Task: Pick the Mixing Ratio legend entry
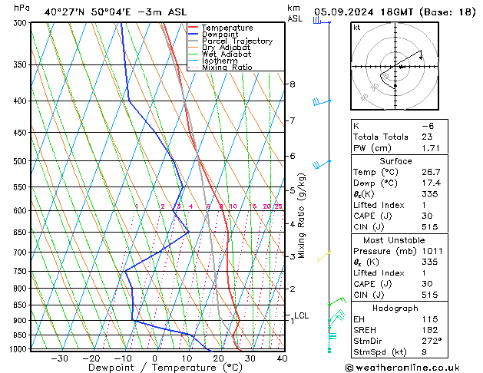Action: coord(227,67)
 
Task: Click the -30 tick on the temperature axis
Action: coord(59,358)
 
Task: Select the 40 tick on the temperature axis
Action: coord(282,358)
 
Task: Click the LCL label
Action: coord(302,315)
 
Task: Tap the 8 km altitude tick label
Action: coord(292,84)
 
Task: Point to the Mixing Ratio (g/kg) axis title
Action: coord(302,215)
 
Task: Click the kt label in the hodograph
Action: coord(356,28)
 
